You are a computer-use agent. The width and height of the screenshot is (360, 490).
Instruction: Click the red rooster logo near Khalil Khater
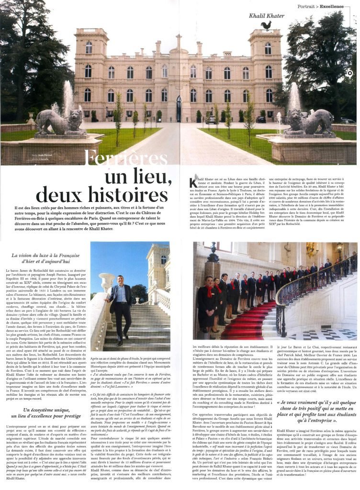pyautogui.click(x=266, y=25)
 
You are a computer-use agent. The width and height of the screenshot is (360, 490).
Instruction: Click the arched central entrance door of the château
pyautogui.click(x=179, y=109)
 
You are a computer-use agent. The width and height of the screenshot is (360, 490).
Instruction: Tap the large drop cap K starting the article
pyautogui.click(x=193, y=183)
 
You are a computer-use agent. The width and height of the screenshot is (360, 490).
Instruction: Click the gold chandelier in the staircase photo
pyautogui.click(x=311, y=249)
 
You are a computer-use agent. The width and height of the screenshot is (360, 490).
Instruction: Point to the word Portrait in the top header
pyautogui.click(x=308, y=7)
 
